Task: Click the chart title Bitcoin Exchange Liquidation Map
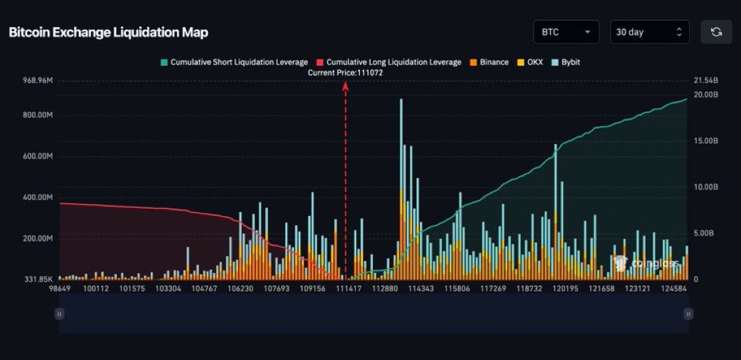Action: pos(108,33)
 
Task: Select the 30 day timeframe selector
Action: pos(649,32)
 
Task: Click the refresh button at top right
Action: pos(716,32)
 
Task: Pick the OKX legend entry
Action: pos(531,62)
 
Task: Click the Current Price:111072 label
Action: pos(345,73)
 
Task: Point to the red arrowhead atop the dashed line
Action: pos(345,85)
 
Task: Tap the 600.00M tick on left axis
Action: pos(37,156)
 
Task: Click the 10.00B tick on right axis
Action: pos(706,187)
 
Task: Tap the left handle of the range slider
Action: pos(60,314)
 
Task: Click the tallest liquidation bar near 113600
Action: pos(401,187)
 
